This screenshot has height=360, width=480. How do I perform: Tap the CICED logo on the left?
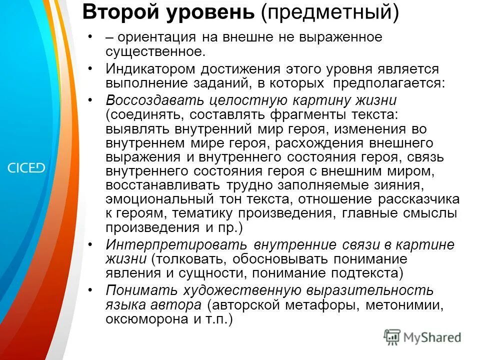point(26,167)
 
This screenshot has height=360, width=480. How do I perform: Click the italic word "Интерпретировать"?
point(176,245)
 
